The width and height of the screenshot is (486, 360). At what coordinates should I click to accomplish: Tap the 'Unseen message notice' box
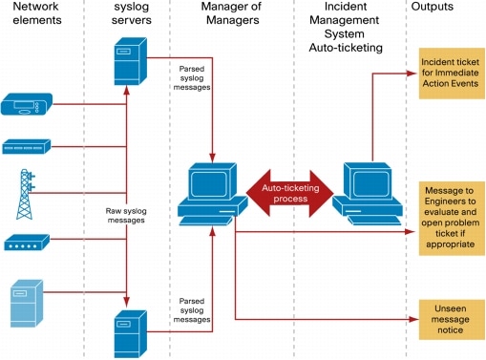(451, 317)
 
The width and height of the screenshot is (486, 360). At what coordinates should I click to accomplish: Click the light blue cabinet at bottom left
(26, 304)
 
